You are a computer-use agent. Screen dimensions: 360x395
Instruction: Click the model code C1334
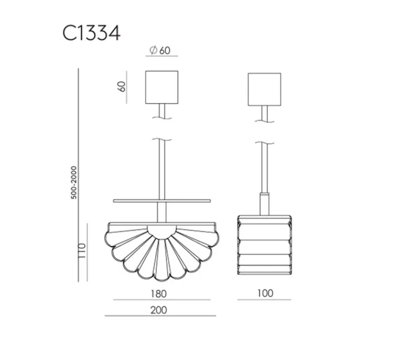click(x=92, y=33)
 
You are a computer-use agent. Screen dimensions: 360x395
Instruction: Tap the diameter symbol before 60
click(x=152, y=50)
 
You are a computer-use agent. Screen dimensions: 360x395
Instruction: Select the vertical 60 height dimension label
click(x=121, y=86)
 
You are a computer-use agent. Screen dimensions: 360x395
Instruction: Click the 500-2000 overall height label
click(x=74, y=182)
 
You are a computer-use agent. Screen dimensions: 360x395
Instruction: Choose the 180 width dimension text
click(x=159, y=293)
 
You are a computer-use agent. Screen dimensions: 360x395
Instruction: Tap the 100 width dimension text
click(x=265, y=293)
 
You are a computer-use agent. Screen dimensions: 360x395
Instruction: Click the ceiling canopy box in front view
click(x=162, y=87)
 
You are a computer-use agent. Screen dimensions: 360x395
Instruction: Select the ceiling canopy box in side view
click(x=265, y=89)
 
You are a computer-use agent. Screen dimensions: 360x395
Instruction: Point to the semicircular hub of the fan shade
click(x=162, y=231)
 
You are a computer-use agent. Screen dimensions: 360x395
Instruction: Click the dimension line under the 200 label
click(x=160, y=316)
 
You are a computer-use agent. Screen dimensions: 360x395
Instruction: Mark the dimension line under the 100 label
click(x=265, y=300)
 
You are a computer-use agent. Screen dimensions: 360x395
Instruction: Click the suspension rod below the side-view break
click(x=264, y=169)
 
